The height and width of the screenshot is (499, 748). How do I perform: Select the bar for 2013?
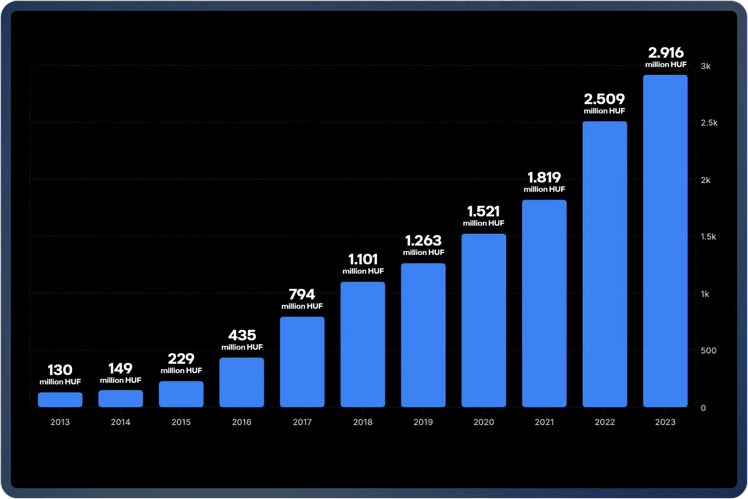point(60,399)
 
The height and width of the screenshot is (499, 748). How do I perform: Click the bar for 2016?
point(242,382)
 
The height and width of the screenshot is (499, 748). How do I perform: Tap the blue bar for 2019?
point(423,335)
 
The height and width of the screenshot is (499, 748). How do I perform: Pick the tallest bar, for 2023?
point(665,241)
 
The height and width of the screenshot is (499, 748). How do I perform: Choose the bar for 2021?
point(544,303)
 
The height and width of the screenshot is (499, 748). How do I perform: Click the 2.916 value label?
point(666,52)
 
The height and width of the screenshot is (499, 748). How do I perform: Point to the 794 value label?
point(302,294)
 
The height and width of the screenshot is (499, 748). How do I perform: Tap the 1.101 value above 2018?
point(363,259)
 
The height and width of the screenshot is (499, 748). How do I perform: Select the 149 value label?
point(121,368)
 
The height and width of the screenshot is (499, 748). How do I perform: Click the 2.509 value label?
point(604,99)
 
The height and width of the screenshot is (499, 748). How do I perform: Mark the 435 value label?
point(242,335)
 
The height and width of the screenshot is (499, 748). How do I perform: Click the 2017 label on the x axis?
point(302,422)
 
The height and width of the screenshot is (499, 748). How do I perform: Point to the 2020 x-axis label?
point(484,422)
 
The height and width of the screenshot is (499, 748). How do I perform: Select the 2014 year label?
point(121,422)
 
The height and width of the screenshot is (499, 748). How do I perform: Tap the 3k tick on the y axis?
point(706,66)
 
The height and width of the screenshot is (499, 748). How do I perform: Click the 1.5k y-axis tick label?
point(708,237)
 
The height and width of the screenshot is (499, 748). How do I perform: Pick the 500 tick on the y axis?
point(708,350)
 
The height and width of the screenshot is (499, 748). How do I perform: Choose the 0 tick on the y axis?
point(703,408)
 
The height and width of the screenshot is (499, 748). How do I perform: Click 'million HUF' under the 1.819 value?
point(544,189)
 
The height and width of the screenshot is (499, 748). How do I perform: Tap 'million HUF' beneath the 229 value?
point(181,370)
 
